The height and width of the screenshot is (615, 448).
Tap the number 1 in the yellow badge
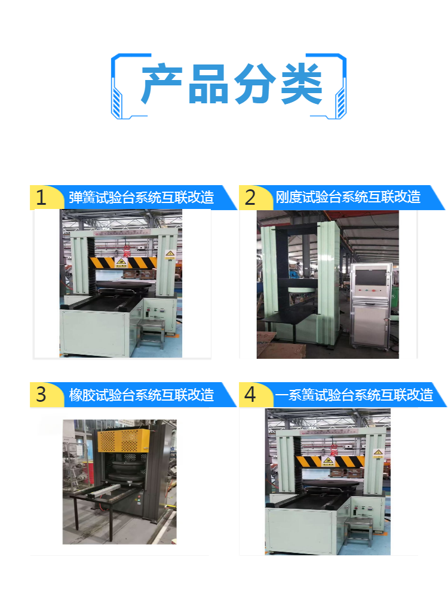(41, 198)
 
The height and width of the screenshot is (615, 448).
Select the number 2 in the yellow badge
(250, 198)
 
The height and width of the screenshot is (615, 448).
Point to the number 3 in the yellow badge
(41, 395)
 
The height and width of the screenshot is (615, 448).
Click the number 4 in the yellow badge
(250, 395)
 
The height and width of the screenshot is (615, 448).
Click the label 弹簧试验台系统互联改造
(141, 197)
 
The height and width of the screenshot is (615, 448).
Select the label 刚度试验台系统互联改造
(348, 197)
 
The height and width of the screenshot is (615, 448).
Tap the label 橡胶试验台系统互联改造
(141, 395)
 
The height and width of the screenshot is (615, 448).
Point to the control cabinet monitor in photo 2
(370, 283)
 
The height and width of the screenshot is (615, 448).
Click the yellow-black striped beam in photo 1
(123, 262)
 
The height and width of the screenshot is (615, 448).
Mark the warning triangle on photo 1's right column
(170, 255)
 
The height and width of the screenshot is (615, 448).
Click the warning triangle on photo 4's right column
(377, 454)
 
